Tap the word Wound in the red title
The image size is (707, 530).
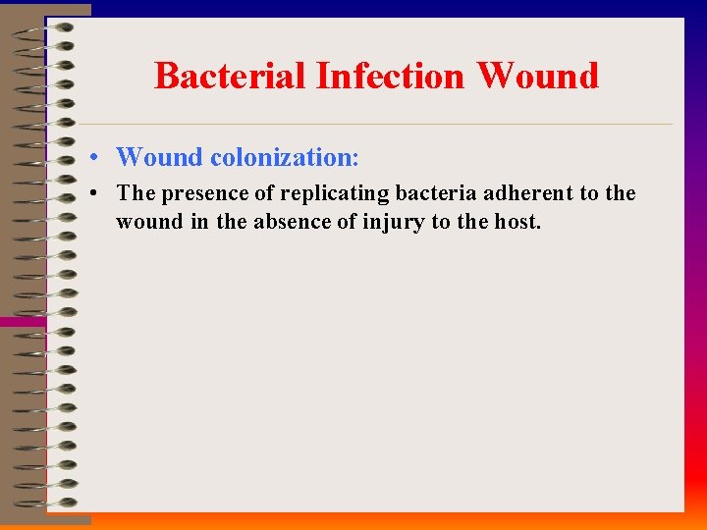538,76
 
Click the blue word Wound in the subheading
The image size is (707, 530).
159,157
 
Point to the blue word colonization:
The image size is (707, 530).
285,157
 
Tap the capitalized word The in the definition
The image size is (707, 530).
136,193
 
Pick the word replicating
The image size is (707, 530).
334,193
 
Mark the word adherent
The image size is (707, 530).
525,193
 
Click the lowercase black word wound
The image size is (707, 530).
149,222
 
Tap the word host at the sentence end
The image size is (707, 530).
516,222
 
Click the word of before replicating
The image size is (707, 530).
264,193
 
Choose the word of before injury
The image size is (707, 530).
348,222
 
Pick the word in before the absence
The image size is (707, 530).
199,222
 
